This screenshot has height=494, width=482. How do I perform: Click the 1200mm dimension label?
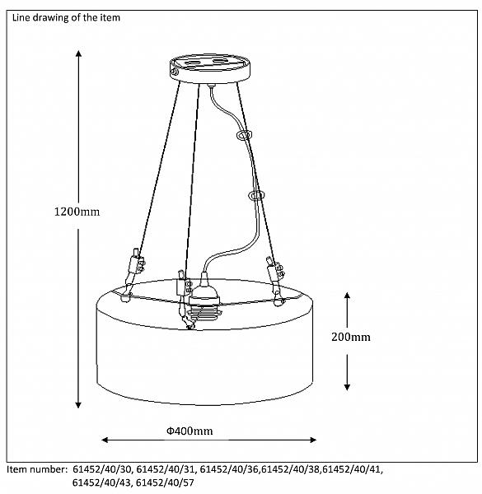[77, 212]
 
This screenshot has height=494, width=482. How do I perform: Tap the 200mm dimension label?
[350, 337]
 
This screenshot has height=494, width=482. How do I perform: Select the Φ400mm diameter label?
[190, 431]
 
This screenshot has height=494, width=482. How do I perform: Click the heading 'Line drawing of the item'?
[66, 17]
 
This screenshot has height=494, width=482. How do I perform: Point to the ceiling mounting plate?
[210, 68]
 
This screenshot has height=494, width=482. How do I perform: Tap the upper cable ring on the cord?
[244, 135]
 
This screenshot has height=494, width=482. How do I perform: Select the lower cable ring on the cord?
[256, 195]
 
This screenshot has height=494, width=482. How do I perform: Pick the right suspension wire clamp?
[275, 272]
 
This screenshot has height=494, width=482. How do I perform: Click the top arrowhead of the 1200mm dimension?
[79, 54]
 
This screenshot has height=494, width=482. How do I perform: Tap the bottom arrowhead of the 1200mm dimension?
[78, 405]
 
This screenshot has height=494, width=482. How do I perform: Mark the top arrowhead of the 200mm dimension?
[347, 296]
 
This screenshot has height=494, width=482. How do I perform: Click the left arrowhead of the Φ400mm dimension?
[105, 440]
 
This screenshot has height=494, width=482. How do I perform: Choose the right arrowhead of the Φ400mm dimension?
[313, 440]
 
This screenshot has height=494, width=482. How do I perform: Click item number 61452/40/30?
[102, 469]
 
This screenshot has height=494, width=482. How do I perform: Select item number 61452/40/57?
[165, 482]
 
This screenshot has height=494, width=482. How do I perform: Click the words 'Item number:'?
[37, 469]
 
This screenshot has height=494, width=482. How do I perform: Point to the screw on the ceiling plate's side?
[175, 72]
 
